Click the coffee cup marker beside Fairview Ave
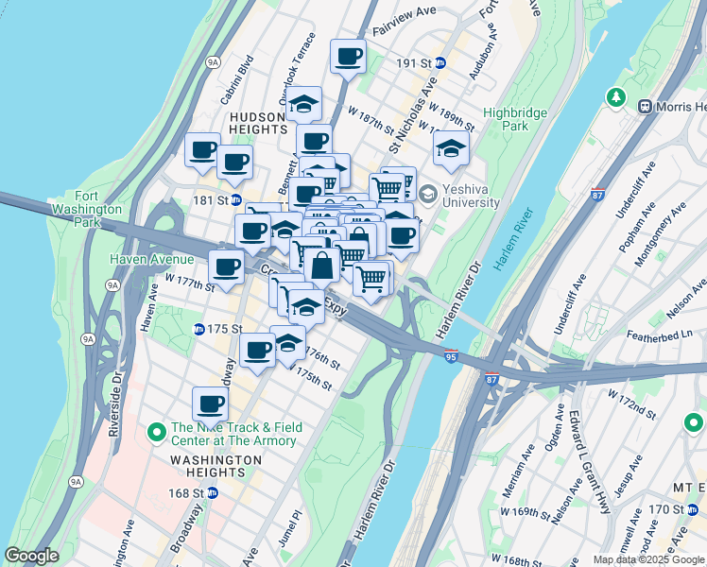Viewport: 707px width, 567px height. pyautogui.click(x=348, y=56)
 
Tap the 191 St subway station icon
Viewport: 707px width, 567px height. pyautogui.click(x=440, y=63)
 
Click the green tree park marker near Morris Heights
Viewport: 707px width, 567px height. pyautogui.click(x=615, y=97)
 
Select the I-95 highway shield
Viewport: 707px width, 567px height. pyautogui.click(x=451, y=356)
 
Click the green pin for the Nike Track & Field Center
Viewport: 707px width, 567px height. pyautogui.click(x=157, y=434)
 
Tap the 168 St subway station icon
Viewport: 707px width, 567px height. pyautogui.click(x=213, y=492)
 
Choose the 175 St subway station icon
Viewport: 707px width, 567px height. pyautogui.click(x=198, y=329)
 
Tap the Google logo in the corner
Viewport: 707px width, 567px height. pyautogui.click(x=32, y=556)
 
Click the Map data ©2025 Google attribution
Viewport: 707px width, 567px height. pyautogui.click(x=648, y=559)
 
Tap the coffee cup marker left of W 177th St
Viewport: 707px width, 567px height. pyautogui.click(x=227, y=267)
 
